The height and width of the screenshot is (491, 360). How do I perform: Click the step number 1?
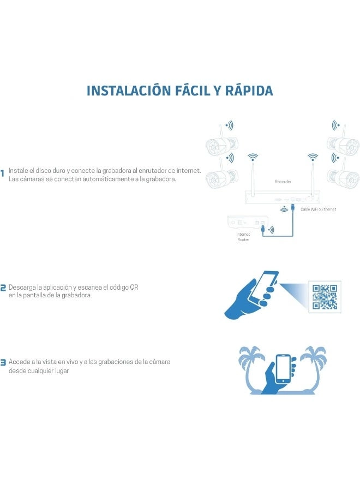(x=3, y=173)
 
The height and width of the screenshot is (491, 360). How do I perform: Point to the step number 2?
(x=3, y=288)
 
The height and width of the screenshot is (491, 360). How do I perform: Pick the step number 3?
(x=3, y=363)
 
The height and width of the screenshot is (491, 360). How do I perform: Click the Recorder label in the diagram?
(x=283, y=182)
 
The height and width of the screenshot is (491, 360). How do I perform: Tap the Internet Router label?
(x=243, y=237)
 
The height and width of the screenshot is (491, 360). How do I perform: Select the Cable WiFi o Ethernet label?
(x=318, y=209)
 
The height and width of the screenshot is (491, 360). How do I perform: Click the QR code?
(x=325, y=297)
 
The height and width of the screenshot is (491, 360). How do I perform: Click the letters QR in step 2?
(x=134, y=287)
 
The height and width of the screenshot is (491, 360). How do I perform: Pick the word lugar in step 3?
(x=62, y=371)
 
